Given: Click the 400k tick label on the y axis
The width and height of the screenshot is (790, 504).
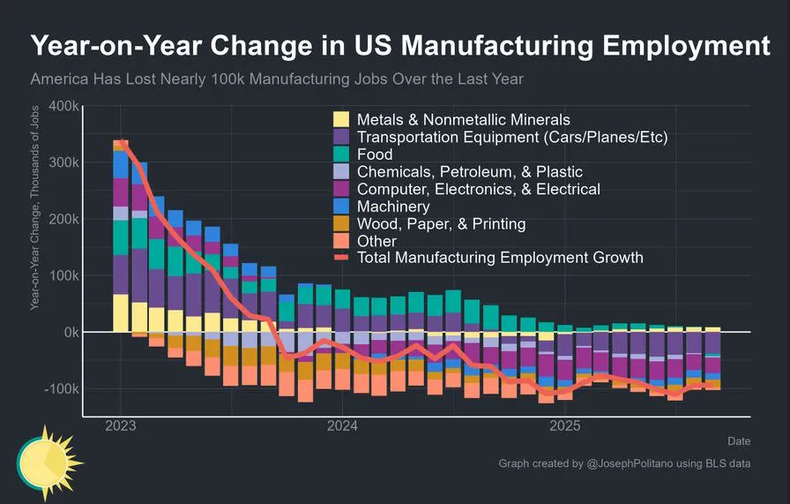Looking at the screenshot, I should pos(63,106).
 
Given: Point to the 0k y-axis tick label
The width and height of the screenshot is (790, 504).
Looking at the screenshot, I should pos(71,333).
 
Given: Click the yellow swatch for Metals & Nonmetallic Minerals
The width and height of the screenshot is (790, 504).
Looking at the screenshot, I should pos(341,119).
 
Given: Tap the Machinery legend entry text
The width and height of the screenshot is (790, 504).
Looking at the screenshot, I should pos(392,207).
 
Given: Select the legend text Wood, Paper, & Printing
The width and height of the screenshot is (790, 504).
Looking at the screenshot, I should pos(441,223).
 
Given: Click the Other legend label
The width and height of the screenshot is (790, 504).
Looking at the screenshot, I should pos(376,241).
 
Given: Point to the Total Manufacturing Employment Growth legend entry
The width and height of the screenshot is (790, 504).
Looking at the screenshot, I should pos(500,258).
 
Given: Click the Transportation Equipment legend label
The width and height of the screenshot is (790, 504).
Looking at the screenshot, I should pos(512,137).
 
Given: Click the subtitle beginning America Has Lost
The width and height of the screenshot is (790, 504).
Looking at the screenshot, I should pos(277,79).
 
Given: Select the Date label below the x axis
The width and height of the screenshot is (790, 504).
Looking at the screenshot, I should pos(739,440).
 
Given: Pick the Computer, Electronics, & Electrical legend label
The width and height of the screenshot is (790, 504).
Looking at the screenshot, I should pos(478,189).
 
